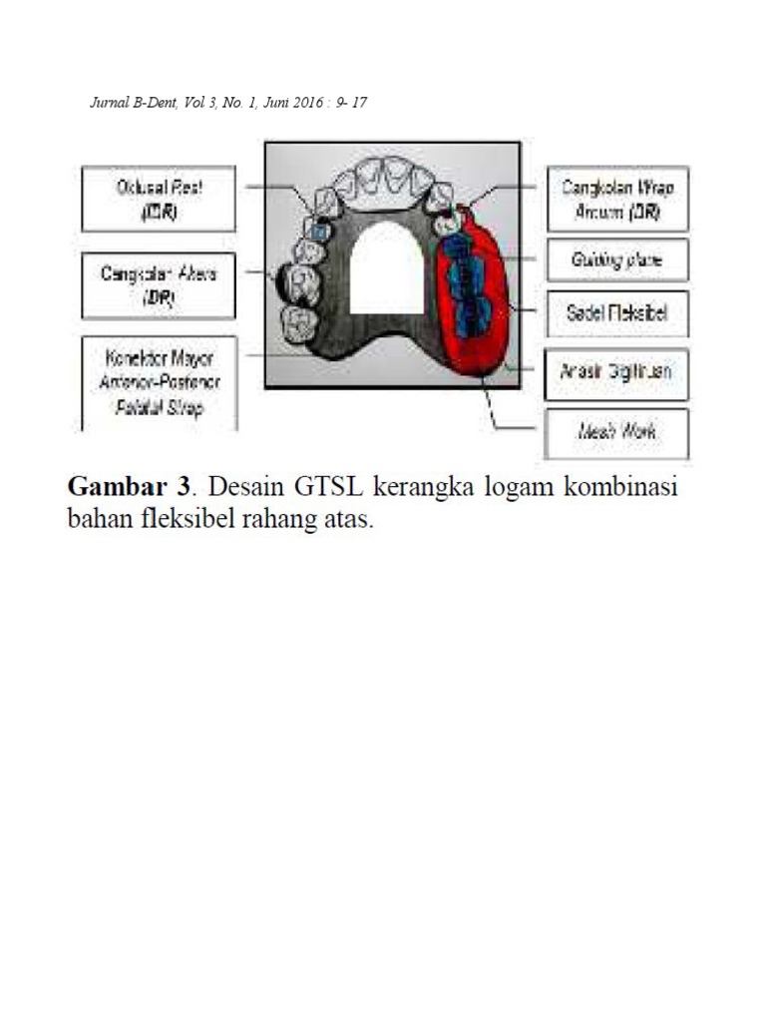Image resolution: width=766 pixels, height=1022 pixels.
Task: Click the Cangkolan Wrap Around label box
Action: (617, 199)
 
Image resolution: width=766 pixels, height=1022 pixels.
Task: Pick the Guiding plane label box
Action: (617, 259)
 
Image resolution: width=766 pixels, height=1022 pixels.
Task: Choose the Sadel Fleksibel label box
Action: (617, 314)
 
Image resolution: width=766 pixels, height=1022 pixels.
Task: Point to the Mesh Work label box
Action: (617, 433)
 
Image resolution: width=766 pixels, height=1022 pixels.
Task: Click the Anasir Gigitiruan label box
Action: (617, 372)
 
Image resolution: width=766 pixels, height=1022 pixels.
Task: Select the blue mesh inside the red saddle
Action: (466, 289)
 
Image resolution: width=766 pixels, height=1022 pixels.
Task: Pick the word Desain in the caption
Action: (242, 488)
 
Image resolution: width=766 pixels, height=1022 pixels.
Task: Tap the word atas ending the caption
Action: (350, 521)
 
